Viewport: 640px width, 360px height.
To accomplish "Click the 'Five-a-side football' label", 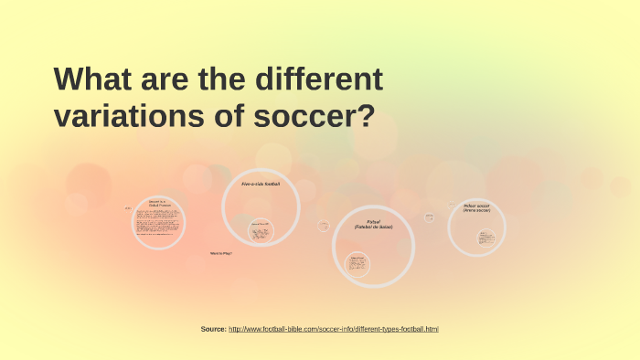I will (261, 184).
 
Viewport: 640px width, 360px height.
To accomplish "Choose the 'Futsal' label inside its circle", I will (373, 221).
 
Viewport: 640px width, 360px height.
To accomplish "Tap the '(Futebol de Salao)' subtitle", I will (373, 227).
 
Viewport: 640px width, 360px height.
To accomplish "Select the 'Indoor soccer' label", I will (476, 206).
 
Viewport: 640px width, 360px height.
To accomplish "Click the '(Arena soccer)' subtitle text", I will (476, 210).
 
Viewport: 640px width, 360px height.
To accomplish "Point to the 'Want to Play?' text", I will (221, 253).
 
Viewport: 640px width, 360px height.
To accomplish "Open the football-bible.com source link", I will (333, 329).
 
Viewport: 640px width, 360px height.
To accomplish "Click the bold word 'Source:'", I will (213, 329).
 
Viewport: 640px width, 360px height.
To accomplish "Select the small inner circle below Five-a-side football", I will (261, 231).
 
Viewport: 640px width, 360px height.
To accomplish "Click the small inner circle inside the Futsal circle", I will (357, 265).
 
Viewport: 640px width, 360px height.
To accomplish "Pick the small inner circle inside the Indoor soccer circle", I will (486, 238).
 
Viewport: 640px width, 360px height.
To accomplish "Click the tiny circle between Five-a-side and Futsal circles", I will (324, 226).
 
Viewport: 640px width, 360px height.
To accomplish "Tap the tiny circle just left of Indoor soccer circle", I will (429, 217).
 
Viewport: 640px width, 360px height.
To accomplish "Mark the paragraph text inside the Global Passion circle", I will (159, 224).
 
